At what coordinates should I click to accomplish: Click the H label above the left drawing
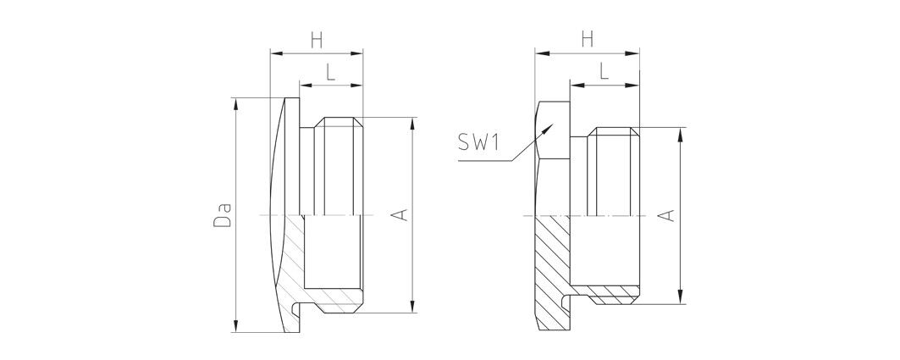[x=317, y=40]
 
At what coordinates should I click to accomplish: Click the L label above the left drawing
[x=330, y=72]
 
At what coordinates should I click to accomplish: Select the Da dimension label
[x=223, y=214]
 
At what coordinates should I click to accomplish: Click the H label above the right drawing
[x=588, y=40]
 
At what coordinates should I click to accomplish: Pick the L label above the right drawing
[x=604, y=72]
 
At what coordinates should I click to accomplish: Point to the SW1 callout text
[x=478, y=141]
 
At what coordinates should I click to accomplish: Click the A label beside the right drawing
[x=666, y=215]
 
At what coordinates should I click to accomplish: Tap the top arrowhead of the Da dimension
[x=235, y=98]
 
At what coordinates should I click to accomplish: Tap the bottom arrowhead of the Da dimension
[x=235, y=332]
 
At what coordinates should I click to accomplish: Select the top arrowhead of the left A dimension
[x=412, y=118]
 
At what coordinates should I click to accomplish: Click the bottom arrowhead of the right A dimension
[x=680, y=304]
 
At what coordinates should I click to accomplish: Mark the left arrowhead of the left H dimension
[x=270, y=53]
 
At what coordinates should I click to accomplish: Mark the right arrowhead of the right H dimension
[x=639, y=53]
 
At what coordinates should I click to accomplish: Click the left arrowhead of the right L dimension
[x=571, y=86]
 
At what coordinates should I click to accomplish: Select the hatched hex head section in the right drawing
[x=552, y=270]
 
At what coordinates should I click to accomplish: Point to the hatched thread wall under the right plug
[x=614, y=295]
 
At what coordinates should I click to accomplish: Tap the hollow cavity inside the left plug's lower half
[x=333, y=252]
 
